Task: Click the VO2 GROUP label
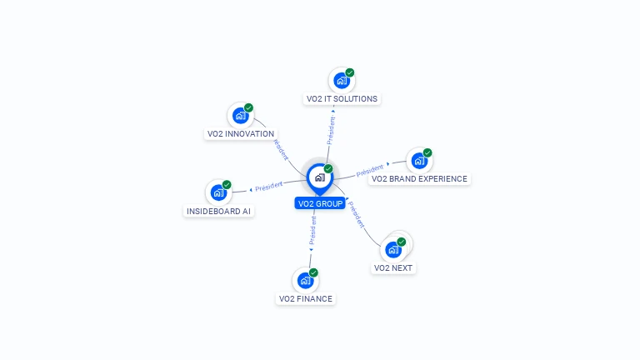[x=319, y=203]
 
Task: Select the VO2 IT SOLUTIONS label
[x=342, y=99]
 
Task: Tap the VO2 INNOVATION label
[x=240, y=134]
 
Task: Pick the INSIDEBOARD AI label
[x=218, y=212]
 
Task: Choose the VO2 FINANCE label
[x=306, y=299]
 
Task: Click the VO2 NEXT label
[x=393, y=268]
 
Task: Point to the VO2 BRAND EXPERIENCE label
[x=419, y=179]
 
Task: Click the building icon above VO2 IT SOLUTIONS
[x=340, y=81]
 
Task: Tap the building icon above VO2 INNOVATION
[x=240, y=116]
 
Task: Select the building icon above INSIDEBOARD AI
[x=217, y=193]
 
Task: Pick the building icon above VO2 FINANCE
[x=304, y=281]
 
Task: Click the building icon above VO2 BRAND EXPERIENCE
[x=418, y=161]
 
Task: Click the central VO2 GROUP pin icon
[x=319, y=177]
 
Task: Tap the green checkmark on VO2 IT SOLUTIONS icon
[x=350, y=72]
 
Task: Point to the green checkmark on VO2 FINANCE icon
[x=314, y=272]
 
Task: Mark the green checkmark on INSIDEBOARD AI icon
[x=227, y=185]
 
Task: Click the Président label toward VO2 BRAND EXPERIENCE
[x=370, y=171]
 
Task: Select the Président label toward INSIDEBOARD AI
[x=269, y=186]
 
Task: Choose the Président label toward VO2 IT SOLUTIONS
[x=331, y=132]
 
